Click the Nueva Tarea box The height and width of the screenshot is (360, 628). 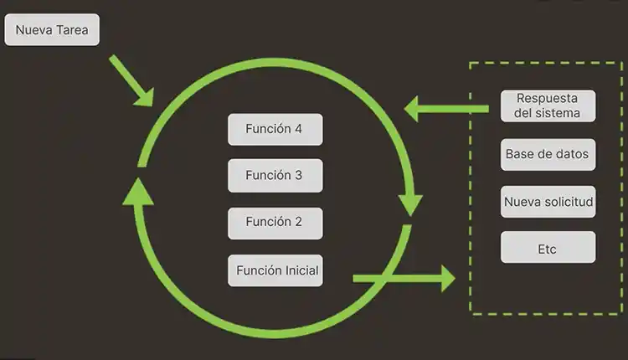click(x=52, y=32)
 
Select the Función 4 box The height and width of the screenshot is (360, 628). click(x=275, y=130)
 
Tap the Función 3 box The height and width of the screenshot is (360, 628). click(x=275, y=176)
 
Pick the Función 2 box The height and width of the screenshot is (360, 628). click(x=275, y=223)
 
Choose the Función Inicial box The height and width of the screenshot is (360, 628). click(x=275, y=270)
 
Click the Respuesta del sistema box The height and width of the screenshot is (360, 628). click(x=548, y=105)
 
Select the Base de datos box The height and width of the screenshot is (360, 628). click(x=548, y=154)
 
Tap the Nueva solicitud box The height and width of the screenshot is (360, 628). click(x=548, y=202)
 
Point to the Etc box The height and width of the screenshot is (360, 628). click(x=548, y=249)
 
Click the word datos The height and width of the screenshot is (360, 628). click(x=572, y=154)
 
